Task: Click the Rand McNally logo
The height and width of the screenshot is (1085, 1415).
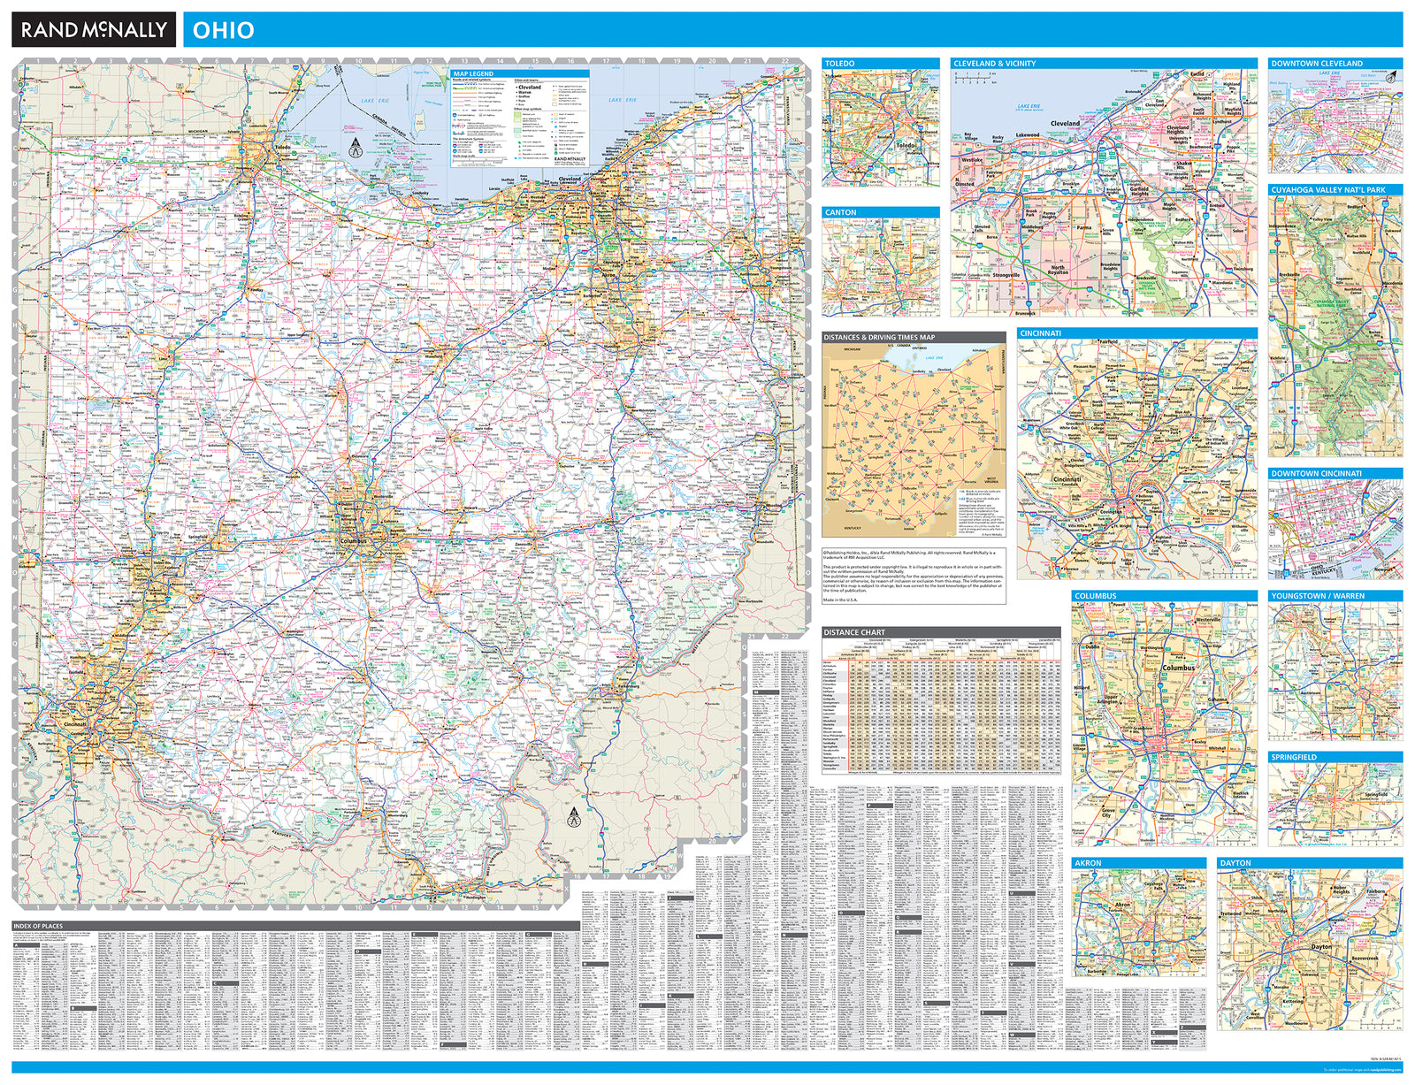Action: pyautogui.click(x=94, y=30)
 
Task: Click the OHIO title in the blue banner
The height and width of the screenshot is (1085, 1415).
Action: pyautogui.click(x=223, y=30)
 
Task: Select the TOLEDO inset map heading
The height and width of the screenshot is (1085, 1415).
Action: pyautogui.click(x=840, y=64)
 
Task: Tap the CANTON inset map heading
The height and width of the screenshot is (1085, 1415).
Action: pyautogui.click(x=840, y=212)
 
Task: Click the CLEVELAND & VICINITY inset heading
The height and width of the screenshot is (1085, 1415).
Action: pyautogui.click(x=994, y=64)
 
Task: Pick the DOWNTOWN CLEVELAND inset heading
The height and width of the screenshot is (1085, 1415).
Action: pyautogui.click(x=1317, y=64)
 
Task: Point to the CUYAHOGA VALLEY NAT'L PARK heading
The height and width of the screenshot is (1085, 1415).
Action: pyautogui.click(x=1328, y=190)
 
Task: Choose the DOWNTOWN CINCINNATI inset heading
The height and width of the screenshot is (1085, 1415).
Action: pyautogui.click(x=1316, y=474)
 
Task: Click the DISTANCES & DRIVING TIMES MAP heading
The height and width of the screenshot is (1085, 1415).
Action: pyautogui.click(x=879, y=337)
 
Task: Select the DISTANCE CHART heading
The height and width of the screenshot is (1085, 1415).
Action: pyautogui.click(x=853, y=632)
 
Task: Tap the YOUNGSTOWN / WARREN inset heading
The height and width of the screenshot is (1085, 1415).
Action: pyautogui.click(x=1318, y=596)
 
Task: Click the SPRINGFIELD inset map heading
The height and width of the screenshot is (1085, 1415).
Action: pyautogui.click(x=1294, y=757)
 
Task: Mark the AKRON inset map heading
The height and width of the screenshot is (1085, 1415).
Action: pyautogui.click(x=1088, y=862)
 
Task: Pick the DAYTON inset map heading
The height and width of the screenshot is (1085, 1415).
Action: pyautogui.click(x=1235, y=862)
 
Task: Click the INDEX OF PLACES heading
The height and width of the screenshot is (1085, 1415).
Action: pyautogui.click(x=38, y=926)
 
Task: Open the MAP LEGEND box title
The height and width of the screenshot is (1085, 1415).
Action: pyautogui.click(x=473, y=73)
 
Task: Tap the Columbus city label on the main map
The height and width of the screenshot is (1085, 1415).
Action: pyautogui.click(x=352, y=541)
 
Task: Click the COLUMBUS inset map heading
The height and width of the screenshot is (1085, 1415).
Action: pyautogui.click(x=1095, y=596)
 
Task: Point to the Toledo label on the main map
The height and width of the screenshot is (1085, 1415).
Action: pyautogui.click(x=282, y=148)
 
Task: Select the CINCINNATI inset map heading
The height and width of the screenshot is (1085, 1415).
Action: pyautogui.click(x=1040, y=333)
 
